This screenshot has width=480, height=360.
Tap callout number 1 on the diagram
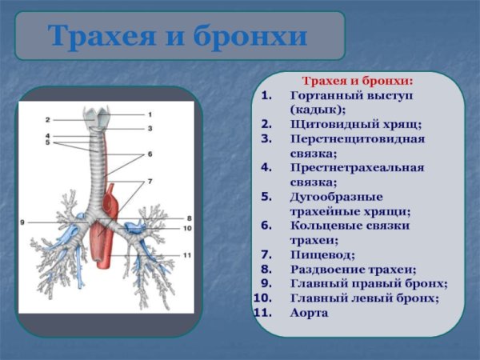point(149,114)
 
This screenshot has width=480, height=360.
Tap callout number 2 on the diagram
point(47,119)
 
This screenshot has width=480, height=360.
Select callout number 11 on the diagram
point(186,255)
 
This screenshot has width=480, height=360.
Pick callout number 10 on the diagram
point(187,228)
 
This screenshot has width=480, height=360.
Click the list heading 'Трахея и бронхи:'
point(357,81)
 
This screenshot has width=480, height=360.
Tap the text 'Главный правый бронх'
point(368,283)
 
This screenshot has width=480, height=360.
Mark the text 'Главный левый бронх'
point(364,298)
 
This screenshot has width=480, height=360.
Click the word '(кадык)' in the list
point(318,110)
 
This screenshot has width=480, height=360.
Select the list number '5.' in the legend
point(266,196)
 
